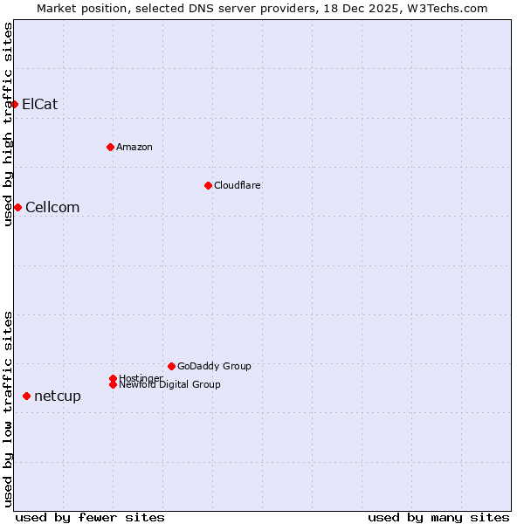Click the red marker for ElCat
14,104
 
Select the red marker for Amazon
110,147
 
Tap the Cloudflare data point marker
208,185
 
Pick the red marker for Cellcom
17,207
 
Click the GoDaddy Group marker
171,366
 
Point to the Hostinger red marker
113,378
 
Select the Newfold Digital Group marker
113,384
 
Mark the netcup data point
26,396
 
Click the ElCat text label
40,104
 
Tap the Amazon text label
134,147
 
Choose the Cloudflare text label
238,185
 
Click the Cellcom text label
52,207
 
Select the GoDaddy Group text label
214,366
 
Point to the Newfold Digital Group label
170,384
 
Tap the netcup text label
58,396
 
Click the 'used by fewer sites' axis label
90,517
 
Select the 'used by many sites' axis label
438,517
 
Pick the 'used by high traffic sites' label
8,124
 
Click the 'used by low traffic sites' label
8,408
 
